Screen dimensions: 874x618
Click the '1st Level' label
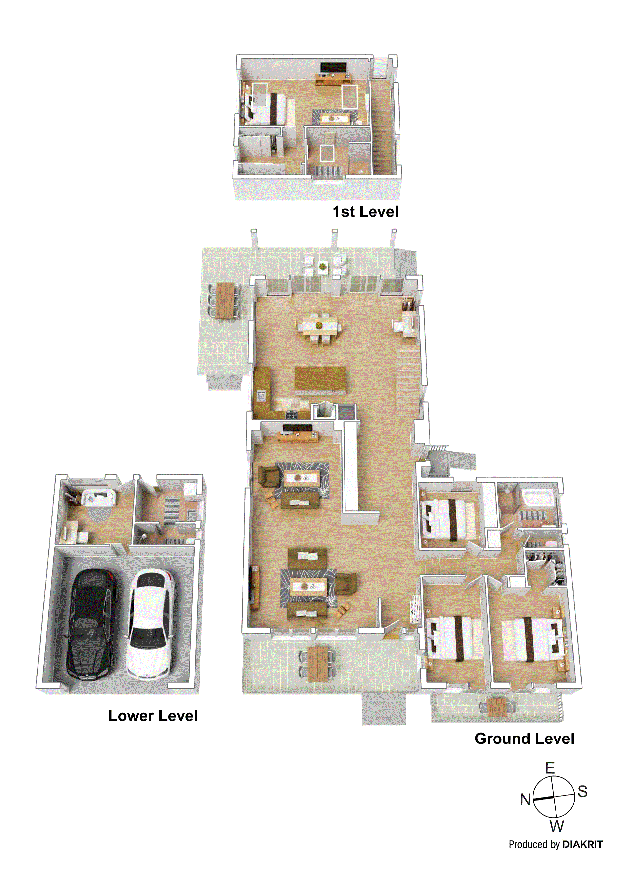(365, 212)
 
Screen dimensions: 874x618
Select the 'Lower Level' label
(153, 716)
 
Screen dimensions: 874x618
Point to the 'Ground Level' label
(524, 739)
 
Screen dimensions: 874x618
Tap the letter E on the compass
(550, 768)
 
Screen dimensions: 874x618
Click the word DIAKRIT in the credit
(582, 844)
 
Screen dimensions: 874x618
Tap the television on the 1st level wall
(333, 67)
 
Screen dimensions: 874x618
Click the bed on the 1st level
(266, 109)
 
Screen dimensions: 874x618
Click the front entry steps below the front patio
(384, 708)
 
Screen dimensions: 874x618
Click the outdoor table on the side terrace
(225, 300)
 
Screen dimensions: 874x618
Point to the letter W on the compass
(556, 826)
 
